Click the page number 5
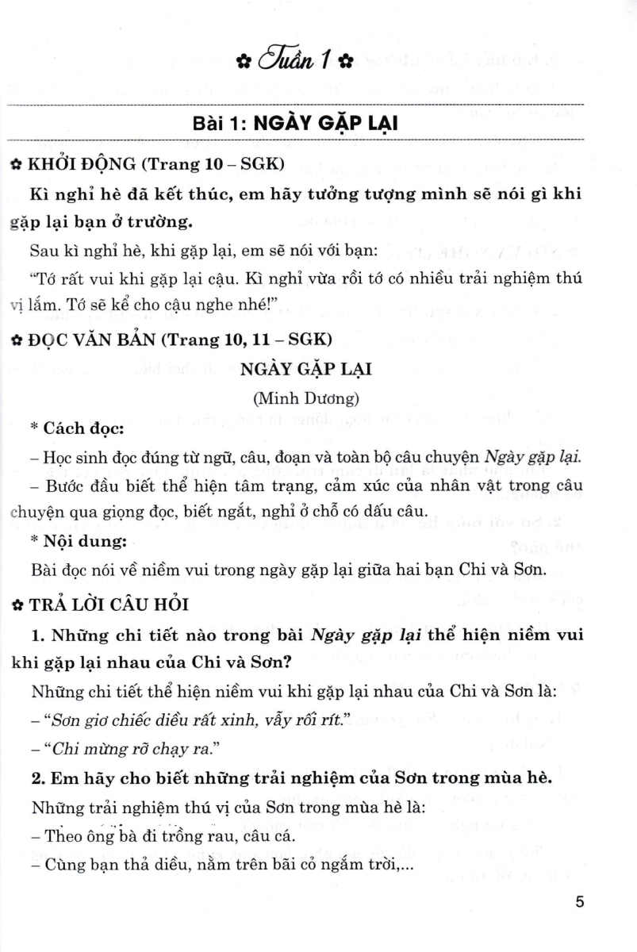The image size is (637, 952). pos(580,902)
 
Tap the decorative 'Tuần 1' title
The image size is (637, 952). pos(294,60)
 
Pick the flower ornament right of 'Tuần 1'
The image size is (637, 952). pos(344,62)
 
